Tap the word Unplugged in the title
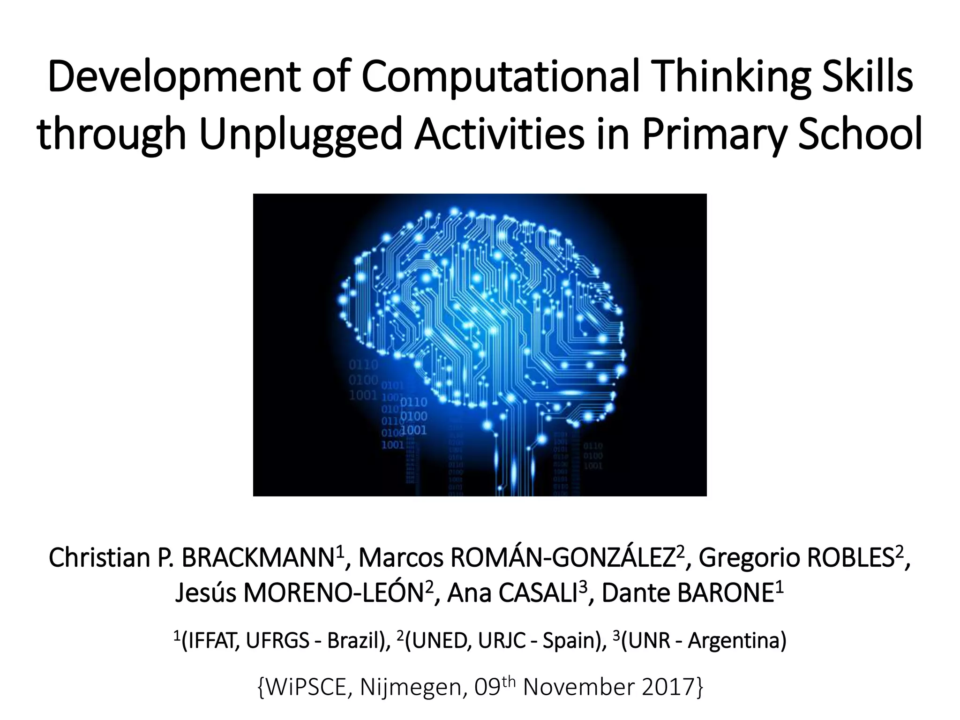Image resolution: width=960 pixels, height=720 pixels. click(x=300, y=135)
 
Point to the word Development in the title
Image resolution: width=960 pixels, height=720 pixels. click(x=173, y=77)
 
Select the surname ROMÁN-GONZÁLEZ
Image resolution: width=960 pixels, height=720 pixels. click(x=562, y=557)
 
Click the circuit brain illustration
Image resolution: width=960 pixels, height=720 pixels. click(x=480, y=345)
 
